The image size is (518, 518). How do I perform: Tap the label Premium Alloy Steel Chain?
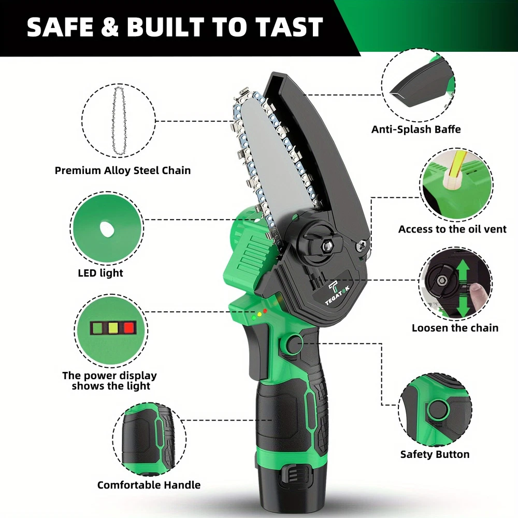point(123,170)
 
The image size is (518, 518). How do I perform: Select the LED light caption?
point(100,273)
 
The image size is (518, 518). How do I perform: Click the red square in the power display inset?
point(128,328)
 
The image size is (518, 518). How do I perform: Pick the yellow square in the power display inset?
point(113,328)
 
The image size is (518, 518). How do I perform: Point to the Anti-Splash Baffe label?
point(416,129)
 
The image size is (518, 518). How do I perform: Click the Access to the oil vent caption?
point(452,229)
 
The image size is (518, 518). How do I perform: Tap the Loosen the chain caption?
point(455,328)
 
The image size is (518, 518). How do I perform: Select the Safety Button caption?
point(435,454)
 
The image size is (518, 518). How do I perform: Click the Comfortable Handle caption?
point(149,485)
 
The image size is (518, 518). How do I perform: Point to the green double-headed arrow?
point(463,287)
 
